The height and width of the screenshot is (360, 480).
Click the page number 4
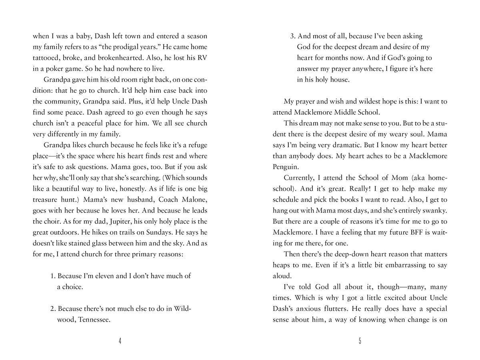(x=120, y=341)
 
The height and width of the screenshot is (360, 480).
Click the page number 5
(x=360, y=341)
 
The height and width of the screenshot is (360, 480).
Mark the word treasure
(x=46, y=199)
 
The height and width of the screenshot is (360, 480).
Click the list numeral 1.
(x=52, y=276)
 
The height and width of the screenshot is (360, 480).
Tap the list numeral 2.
(x=52, y=309)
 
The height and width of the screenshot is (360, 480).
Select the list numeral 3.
(x=292, y=36)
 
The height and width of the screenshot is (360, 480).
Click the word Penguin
(x=285, y=167)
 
